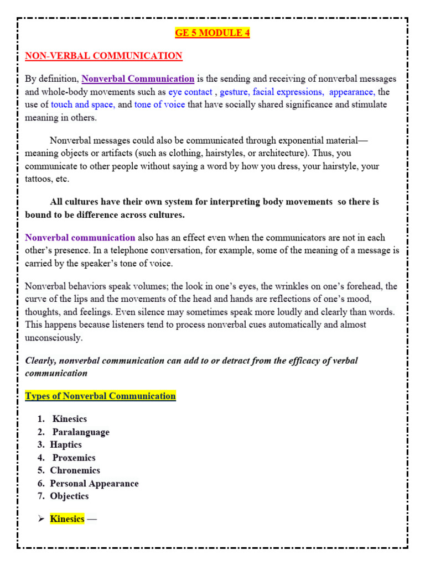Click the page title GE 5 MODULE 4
pyautogui.click(x=212, y=33)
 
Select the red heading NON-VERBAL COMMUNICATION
pyautogui.click(x=103, y=56)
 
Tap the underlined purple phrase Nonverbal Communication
pyautogui.click(x=138, y=78)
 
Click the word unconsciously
pyautogui.click(x=54, y=337)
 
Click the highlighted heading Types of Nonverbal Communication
pyautogui.click(x=101, y=396)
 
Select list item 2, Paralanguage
pyautogui.click(x=81, y=432)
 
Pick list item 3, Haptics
pyautogui.click(x=66, y=445)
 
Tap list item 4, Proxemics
pyautogui.click(x=74, y=458)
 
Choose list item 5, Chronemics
pyautogui.click(x=75, y=470)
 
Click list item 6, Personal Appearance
pyautogui.click(x=94, y=484)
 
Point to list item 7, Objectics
pyautogui.click(x=69, y=496)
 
